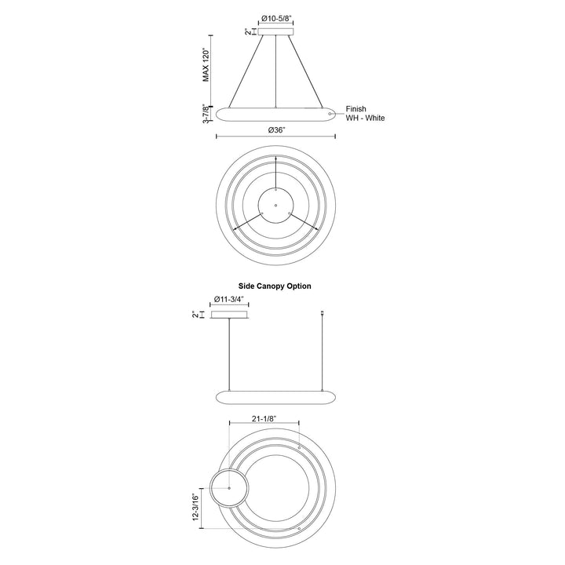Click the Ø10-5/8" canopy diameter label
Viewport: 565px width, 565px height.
[x=276, y=18]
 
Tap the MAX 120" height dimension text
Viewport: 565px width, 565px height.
[x=206, y=65]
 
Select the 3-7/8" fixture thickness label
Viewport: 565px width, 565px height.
[x=206, y=114]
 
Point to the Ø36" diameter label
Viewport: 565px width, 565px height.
[x=276, y=130]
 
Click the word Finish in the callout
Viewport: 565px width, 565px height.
[x=356, y=109]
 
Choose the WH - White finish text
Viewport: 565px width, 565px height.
[x=366, y=118]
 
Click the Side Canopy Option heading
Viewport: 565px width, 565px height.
[x=275, y=286]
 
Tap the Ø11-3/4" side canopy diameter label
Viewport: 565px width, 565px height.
[x=229, y=299]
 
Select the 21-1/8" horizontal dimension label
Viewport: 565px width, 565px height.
[x=264, y=418]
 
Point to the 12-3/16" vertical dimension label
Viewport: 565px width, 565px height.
[x=195, y=507]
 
